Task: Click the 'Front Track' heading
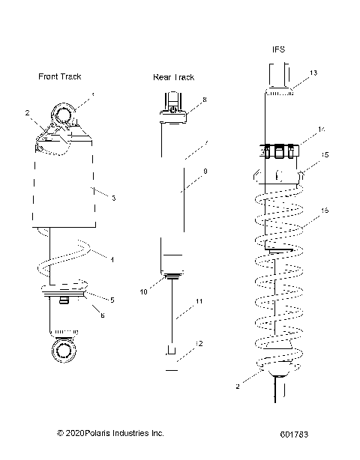click(x=59, y=76)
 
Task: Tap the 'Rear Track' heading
click(x=173, y=77)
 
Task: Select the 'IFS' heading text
click(x=278, y=49)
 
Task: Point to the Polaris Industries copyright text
click(x=109, y=433)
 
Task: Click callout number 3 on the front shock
click(x=112, y=199)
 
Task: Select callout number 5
click(x=112, y=300)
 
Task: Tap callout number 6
click(x=103, y=315)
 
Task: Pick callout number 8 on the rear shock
click(x=204, y=99)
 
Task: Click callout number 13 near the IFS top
click(x=313, y=73)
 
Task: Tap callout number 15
click(x=325, y=155)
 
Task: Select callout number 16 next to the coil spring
click(x=325, y=211)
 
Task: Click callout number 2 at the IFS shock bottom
click(x=238, y=387)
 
